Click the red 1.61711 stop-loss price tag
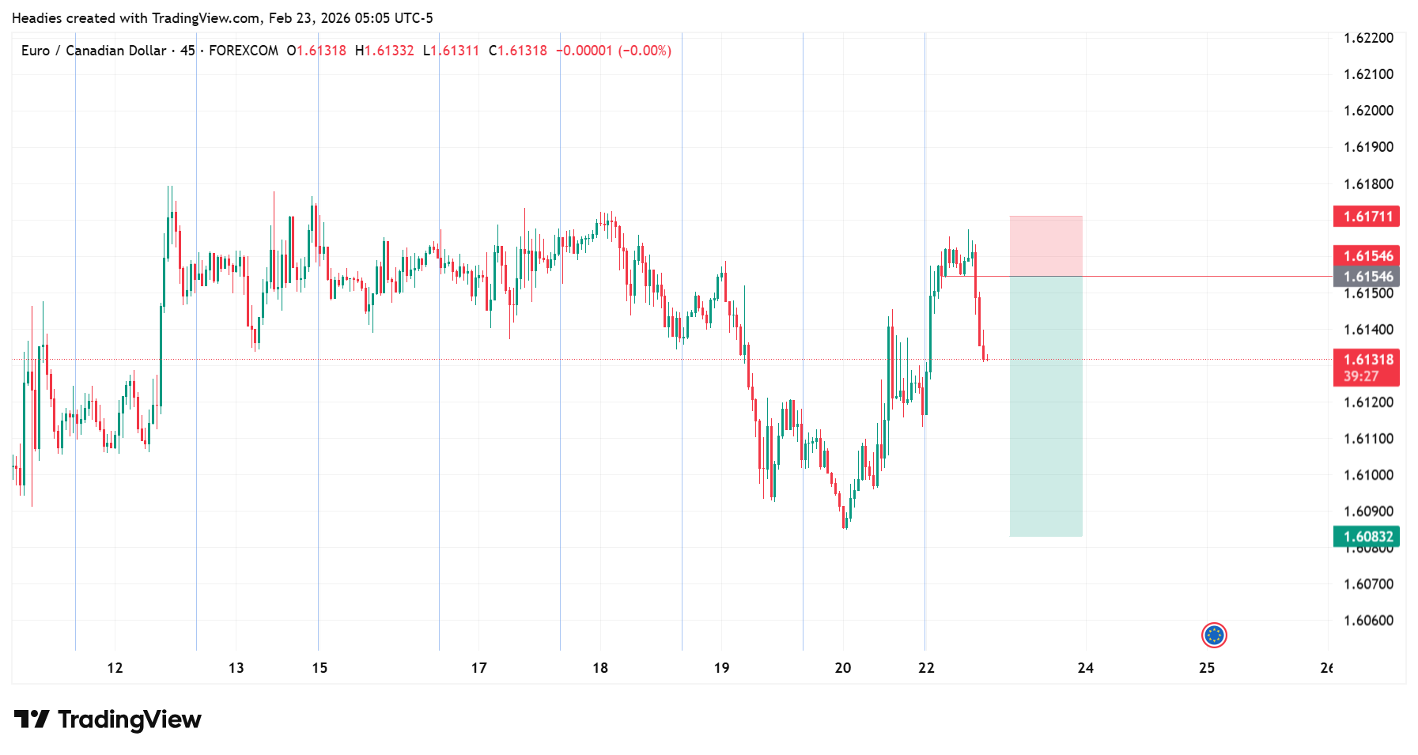[x=1366, y=217]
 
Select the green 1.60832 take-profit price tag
[x=1366, y=537]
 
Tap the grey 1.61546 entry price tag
[x=1366, y=277]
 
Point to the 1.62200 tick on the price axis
[x=1368, y=38]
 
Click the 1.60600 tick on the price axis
[x=1368, y=621]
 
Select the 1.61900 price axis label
[x=1368, y=147]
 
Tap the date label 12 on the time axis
[x=115, y=668]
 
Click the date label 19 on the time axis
[x=721, y=668]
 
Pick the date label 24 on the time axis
[x=1085, y=668]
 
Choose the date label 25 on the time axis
[x=1206, y=668]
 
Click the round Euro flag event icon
[x=1213, y=635]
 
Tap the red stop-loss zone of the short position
[x=1046, y=246]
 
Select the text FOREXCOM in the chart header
[x=244, y=51]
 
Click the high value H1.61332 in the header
[x=384, y=51]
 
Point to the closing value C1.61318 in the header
[x=518, y=51]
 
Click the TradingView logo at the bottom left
[x=108, y=719]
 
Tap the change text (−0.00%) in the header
[x=645, y=51]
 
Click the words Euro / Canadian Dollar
[x=93, y=51]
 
